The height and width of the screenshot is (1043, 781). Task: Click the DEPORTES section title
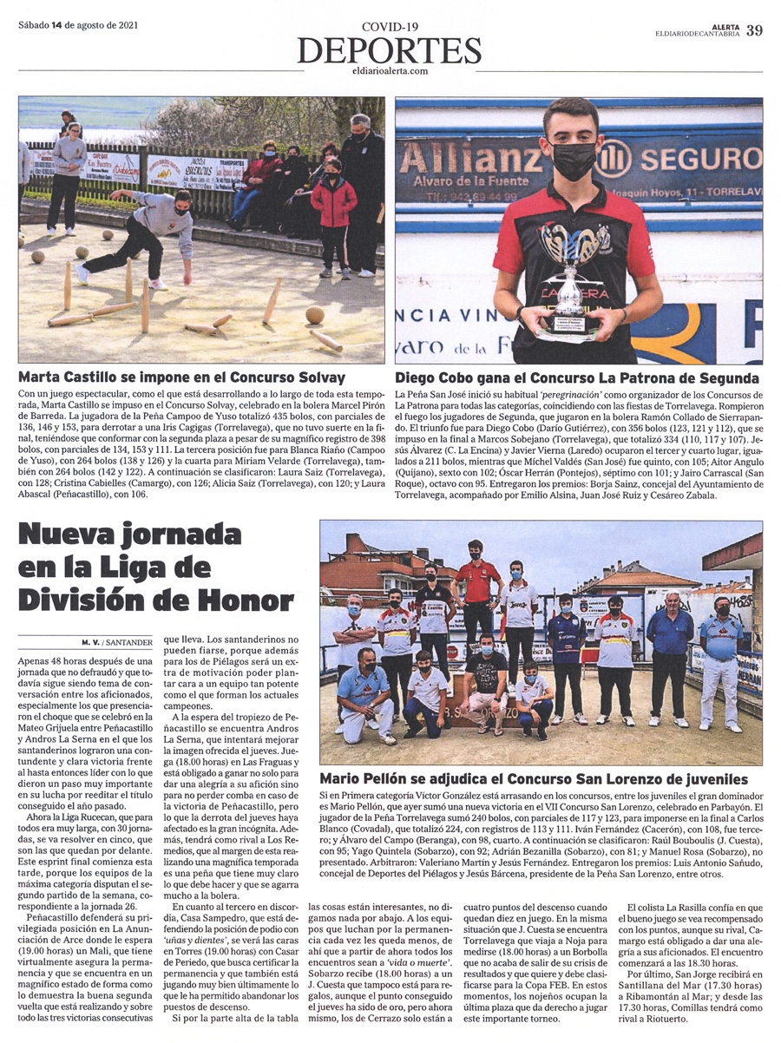click(390, 51)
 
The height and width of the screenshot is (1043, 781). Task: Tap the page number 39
click(754, 30)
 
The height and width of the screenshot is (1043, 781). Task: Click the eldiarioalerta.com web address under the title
click(390, 71)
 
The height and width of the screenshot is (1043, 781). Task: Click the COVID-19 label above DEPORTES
click(390, 29)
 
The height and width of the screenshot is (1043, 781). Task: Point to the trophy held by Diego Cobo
click(567, 278)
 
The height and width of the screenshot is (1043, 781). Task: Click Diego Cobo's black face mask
click(574, 161)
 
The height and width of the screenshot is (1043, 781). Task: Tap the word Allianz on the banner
click(490, 161)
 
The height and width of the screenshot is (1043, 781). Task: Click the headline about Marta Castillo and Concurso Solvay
click(181, 377)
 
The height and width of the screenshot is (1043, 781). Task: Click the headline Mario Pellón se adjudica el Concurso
click(534, 778)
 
